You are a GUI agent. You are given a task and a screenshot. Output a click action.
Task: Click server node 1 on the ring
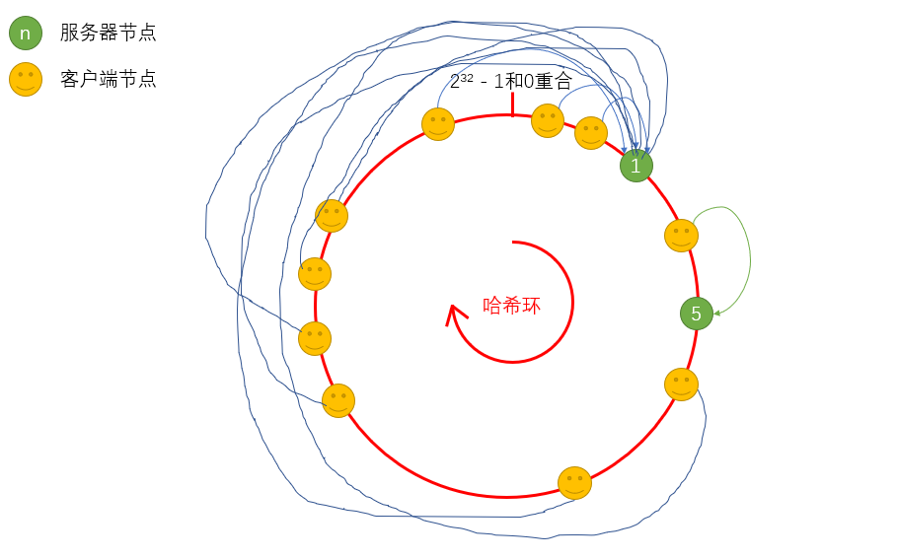click(636, 166)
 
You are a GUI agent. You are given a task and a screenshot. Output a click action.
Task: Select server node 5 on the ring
click(697, 314)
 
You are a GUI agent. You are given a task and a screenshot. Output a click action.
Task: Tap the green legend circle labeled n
click(26, 33)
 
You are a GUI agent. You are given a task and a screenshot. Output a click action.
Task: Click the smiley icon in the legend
click(26, 79)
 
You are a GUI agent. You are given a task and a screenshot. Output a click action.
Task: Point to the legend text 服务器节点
click(108, 33)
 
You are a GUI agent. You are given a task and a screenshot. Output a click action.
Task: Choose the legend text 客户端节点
click(108, 79)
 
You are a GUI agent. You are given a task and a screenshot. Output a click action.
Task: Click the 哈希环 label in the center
click(511, 306)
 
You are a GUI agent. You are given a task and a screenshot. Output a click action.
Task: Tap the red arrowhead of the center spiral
click(454, 313)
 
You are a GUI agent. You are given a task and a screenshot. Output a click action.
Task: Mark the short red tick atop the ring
click(512, 104)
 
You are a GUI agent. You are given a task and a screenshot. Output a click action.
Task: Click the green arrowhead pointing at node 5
click(718, 314)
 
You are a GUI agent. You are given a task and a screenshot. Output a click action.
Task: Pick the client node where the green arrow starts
click(681, 236)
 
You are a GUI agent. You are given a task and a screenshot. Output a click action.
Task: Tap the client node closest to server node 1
click(591, 133)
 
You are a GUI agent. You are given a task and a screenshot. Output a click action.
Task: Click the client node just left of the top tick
click(438, 124)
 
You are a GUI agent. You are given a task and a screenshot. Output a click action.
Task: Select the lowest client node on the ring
click(574, 483)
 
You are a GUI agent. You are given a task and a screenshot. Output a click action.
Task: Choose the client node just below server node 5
click(681, 385)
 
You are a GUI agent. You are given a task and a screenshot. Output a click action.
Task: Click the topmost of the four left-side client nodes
click(332, 216)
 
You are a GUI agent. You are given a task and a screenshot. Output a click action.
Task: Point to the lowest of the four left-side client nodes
click(338, 400)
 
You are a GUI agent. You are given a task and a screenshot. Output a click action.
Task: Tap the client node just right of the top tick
click(548, 120)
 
